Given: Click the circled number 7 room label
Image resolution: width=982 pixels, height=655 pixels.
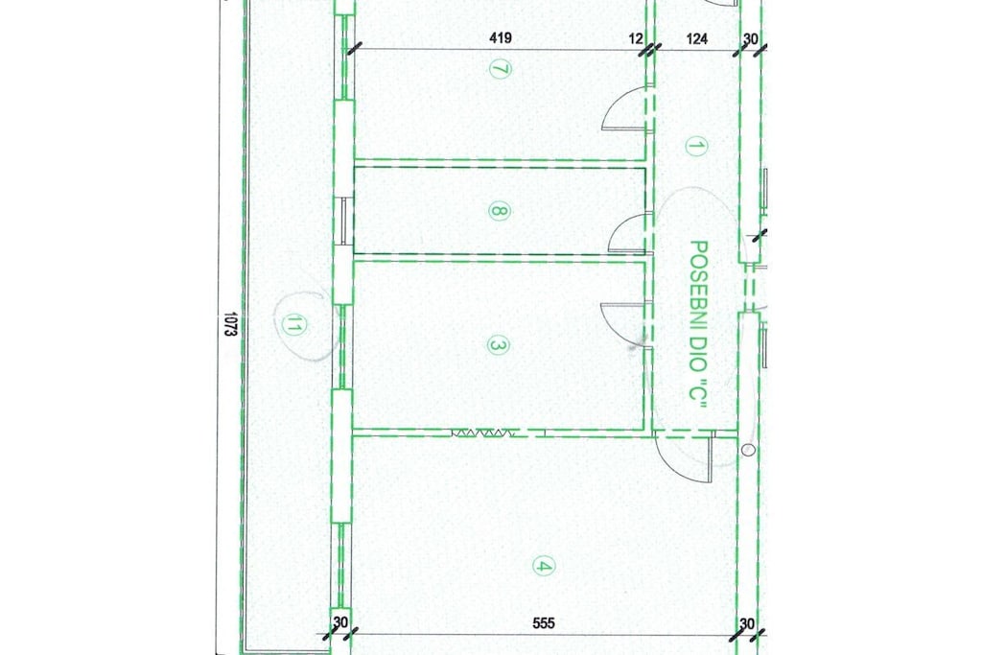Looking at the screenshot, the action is point(499,69).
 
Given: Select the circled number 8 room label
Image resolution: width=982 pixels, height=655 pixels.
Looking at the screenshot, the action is point(499,211).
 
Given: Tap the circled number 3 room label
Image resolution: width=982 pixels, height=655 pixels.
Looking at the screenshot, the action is point(498,345).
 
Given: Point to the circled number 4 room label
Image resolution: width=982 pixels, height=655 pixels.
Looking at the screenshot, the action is point(543,566).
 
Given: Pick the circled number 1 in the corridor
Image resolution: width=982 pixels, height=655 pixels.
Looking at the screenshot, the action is point(695,147).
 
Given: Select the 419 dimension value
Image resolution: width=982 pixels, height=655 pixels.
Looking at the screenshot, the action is point(500,38).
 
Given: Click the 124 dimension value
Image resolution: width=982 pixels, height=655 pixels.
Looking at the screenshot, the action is point(697,38).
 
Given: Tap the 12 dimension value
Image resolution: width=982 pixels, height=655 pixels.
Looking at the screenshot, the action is point(636,38).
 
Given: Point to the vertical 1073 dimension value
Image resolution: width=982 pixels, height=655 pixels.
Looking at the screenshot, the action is point(229,325).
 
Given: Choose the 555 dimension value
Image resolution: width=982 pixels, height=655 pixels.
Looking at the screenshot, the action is point(544,623).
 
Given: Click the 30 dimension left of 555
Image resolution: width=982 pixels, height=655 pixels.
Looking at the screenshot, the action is point(340,623).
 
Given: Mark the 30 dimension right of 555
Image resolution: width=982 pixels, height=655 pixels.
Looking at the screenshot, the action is point(746,623).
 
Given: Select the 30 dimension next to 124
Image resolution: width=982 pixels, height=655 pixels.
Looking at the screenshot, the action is point(750,38).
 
